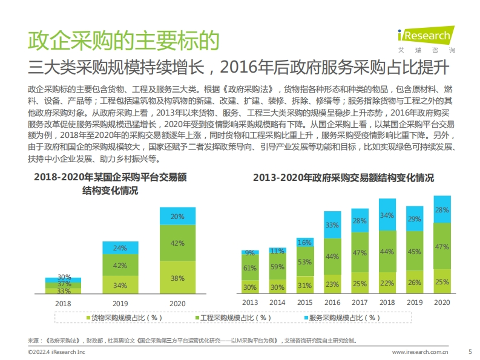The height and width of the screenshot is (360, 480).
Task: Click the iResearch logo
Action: click(x=426, y=39)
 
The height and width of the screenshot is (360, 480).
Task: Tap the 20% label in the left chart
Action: click(x=177, y=217)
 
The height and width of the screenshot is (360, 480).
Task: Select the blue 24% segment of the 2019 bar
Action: click(x=120, y=247)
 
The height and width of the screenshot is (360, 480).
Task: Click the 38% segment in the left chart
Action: click(x=177, y=277)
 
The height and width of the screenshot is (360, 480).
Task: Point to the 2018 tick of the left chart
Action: click(x=63, y=304)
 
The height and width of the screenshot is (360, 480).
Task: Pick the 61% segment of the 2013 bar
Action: click(x=250, y=267)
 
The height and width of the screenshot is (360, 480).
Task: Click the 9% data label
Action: click(x=250, y=253)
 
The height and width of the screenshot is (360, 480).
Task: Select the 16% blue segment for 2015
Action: click(x=305, y=242)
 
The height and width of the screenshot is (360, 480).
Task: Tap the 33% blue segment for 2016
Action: click(x=332, y=224)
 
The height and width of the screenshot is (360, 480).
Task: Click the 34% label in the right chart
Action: click(x=387, y=215)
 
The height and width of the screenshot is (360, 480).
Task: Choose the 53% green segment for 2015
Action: click(x=305, y=261)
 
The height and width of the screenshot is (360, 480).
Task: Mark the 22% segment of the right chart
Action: click(x=387, y=283)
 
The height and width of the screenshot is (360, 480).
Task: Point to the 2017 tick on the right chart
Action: click(x=360, y=303)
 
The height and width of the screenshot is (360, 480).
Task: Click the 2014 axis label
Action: click(x=277, y=303)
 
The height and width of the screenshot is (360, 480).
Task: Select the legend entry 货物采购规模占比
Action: click(x=124, y=318)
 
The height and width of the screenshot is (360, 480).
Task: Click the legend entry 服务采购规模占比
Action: click(x=342, y=318)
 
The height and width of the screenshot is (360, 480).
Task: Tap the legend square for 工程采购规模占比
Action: click(x=197, y=318)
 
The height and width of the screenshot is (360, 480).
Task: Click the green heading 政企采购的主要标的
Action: click(x=123, y=41)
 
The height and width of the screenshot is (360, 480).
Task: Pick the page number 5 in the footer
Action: click(x=470, y=352)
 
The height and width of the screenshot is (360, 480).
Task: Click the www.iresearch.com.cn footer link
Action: click(x=420, y=352)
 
